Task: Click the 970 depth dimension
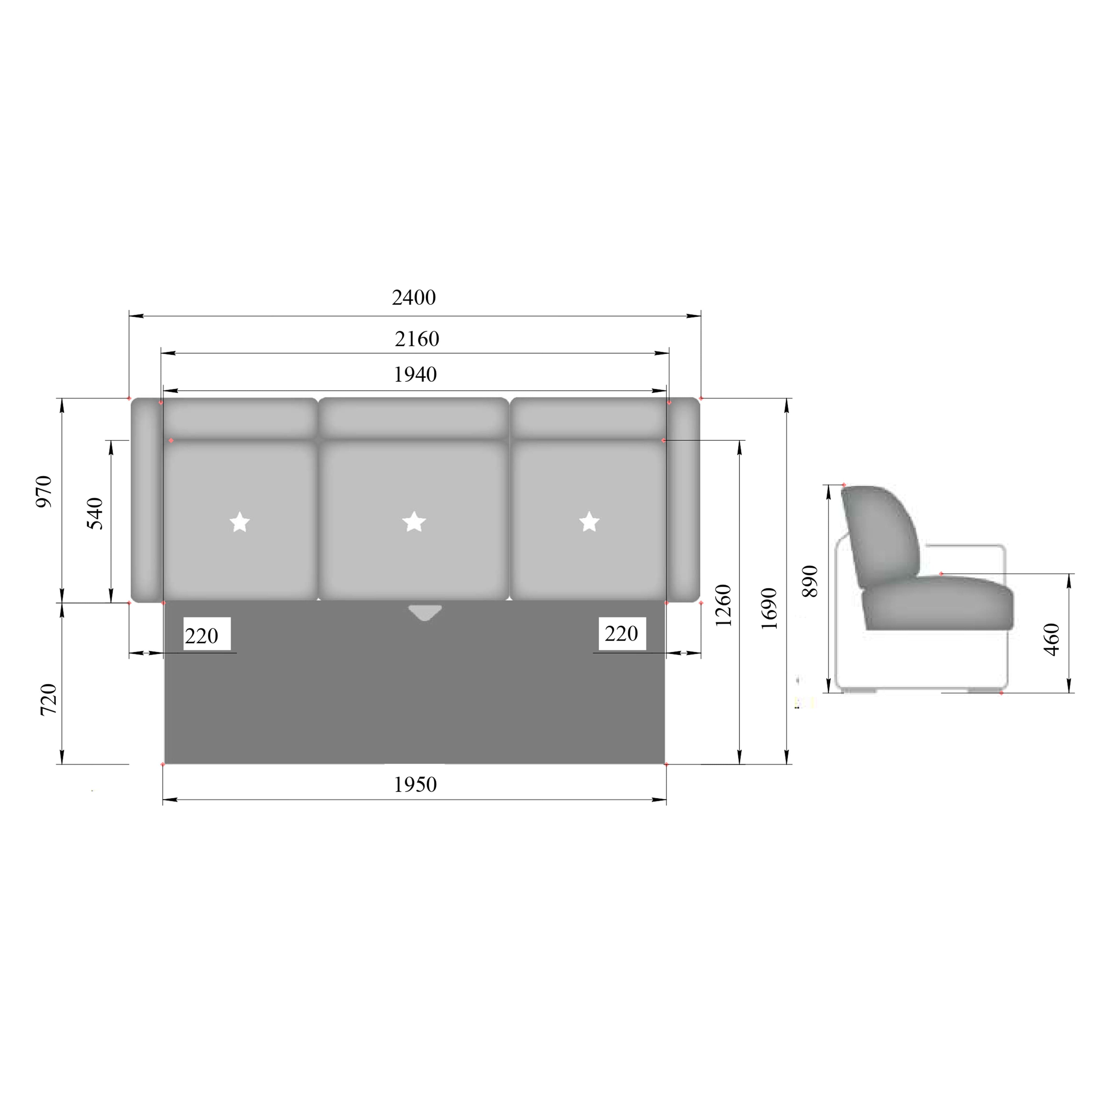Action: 44,491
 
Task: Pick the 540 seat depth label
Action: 94,513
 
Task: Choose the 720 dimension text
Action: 48,699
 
